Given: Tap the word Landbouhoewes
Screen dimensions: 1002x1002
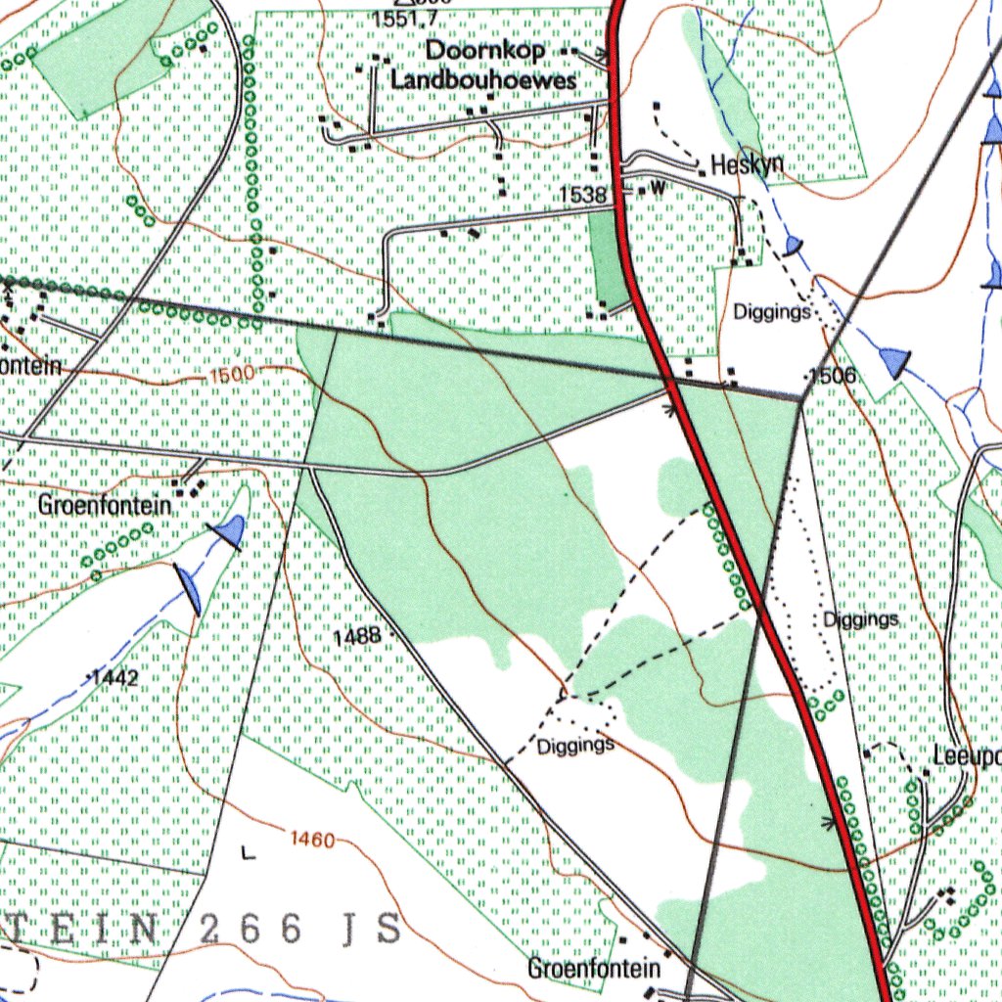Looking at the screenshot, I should [x=484, y=81].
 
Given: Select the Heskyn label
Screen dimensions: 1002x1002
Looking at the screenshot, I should [x=748, y=164].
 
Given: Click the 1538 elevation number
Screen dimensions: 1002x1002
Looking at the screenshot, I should [x=583, y=195].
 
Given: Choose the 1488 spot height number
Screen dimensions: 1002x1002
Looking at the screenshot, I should [x=356, y=636].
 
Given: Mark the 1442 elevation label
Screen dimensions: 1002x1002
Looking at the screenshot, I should [x=117, y=677].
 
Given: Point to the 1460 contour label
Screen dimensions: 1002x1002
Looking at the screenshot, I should [x=312, y=840].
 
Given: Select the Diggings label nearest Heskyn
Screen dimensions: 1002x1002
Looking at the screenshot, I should [x=772, y=312].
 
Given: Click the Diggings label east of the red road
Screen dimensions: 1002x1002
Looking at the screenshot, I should [x=860, y=619].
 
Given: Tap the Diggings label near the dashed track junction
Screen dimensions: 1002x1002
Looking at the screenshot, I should [x=575, y=746].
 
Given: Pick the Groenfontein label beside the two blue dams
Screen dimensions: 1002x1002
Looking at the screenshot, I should [x=106, y=506].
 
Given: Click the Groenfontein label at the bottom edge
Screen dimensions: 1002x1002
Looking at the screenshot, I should [x=594, y=969].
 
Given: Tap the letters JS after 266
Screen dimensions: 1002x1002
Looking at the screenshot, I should [x=377, y=930].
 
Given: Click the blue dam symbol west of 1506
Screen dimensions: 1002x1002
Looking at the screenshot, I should [x=894, y=361].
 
